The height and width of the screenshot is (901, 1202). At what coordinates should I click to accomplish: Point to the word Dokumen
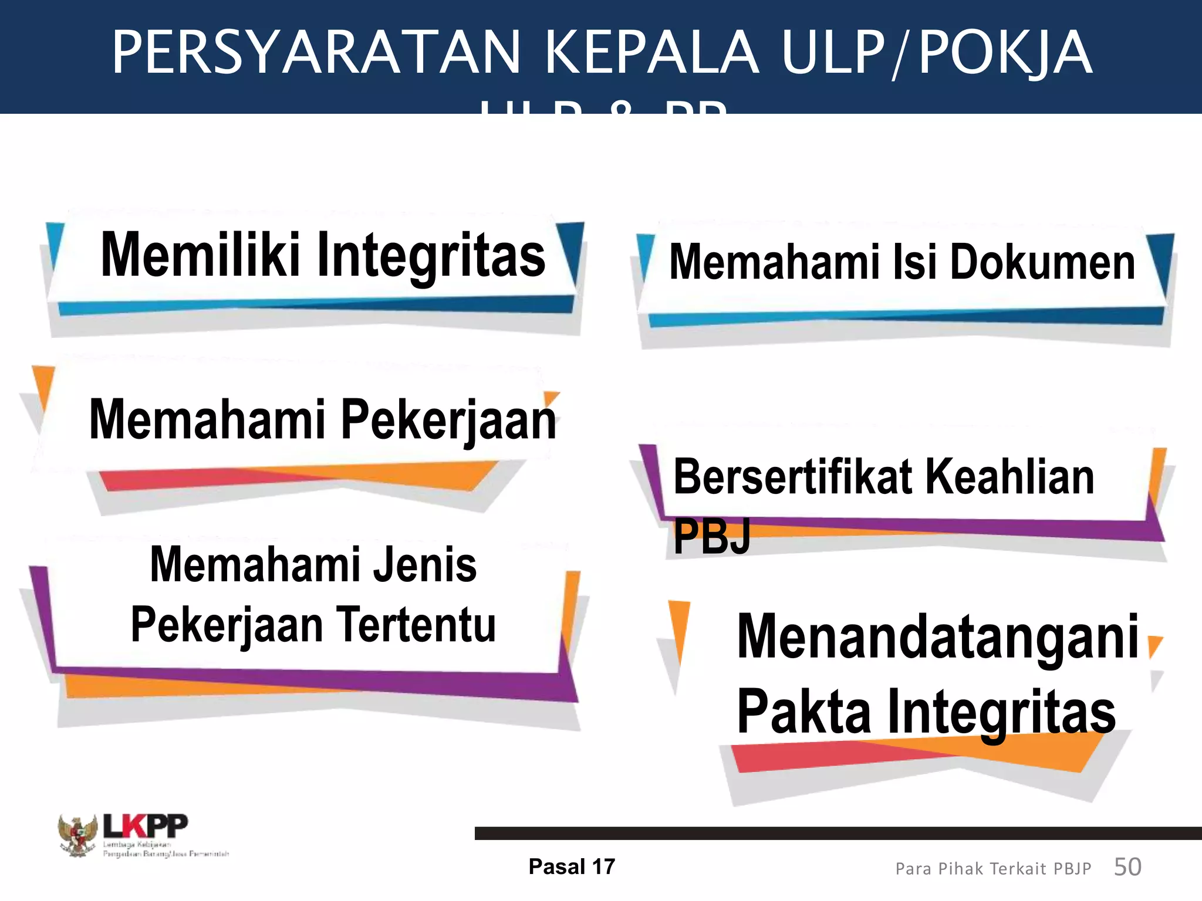click(1042, 262)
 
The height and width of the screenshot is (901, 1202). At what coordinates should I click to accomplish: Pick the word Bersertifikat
click(793, 477)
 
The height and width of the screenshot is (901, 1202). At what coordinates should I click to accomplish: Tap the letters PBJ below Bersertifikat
click(712, 537)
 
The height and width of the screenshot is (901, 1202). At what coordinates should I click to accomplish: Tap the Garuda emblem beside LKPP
click(77, 835)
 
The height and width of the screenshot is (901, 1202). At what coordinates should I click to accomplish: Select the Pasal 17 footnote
click(571, 867)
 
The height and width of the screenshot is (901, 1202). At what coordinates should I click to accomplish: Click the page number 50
click(1127, 867)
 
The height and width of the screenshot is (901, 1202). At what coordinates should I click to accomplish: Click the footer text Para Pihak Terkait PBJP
click(993, 869)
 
